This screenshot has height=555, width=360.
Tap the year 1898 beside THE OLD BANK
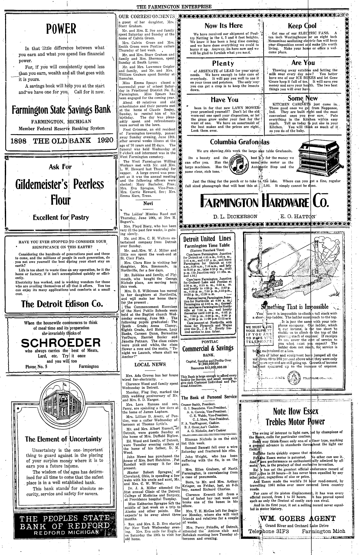19,140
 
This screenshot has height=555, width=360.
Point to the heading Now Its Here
224,26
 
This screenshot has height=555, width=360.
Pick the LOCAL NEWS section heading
150,364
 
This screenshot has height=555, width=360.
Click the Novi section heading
148,203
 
